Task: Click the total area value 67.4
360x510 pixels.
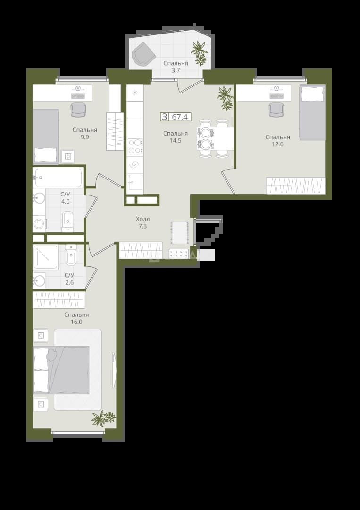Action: click(x=180, y=117)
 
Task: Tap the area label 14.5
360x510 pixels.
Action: click(x=176, y=141)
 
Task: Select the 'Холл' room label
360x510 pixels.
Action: click(x=142, y=219)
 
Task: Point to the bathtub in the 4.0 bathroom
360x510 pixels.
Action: click(x=58, y=178)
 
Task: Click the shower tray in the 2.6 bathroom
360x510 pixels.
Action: click(x=45, y=257)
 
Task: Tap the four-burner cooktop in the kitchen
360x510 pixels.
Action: click(x=135, y=146)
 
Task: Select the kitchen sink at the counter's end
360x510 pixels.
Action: click(x=135, y=182)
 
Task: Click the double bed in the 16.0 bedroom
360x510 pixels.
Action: click(x=61, y=370)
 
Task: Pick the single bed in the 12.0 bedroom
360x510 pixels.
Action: click(x=312, y=112)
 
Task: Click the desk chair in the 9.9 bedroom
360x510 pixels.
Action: click(x=78, y=109)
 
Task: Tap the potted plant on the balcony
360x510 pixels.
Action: click(x=199, y=52)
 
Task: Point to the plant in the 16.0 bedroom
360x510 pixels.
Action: click(x=103, y=418)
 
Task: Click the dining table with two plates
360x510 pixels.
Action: click(x=215, y=138)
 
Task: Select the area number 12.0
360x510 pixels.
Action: click(x=277, y=144)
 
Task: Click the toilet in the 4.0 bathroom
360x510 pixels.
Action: click(x=67, y=221)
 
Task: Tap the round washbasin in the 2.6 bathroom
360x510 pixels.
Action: click(x=39, y=280)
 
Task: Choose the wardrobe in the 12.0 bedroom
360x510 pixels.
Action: click(x=296, y=186)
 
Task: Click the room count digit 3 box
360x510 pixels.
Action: click(x=165, y=117)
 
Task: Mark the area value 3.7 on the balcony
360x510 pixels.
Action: click(x=176, y=70)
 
